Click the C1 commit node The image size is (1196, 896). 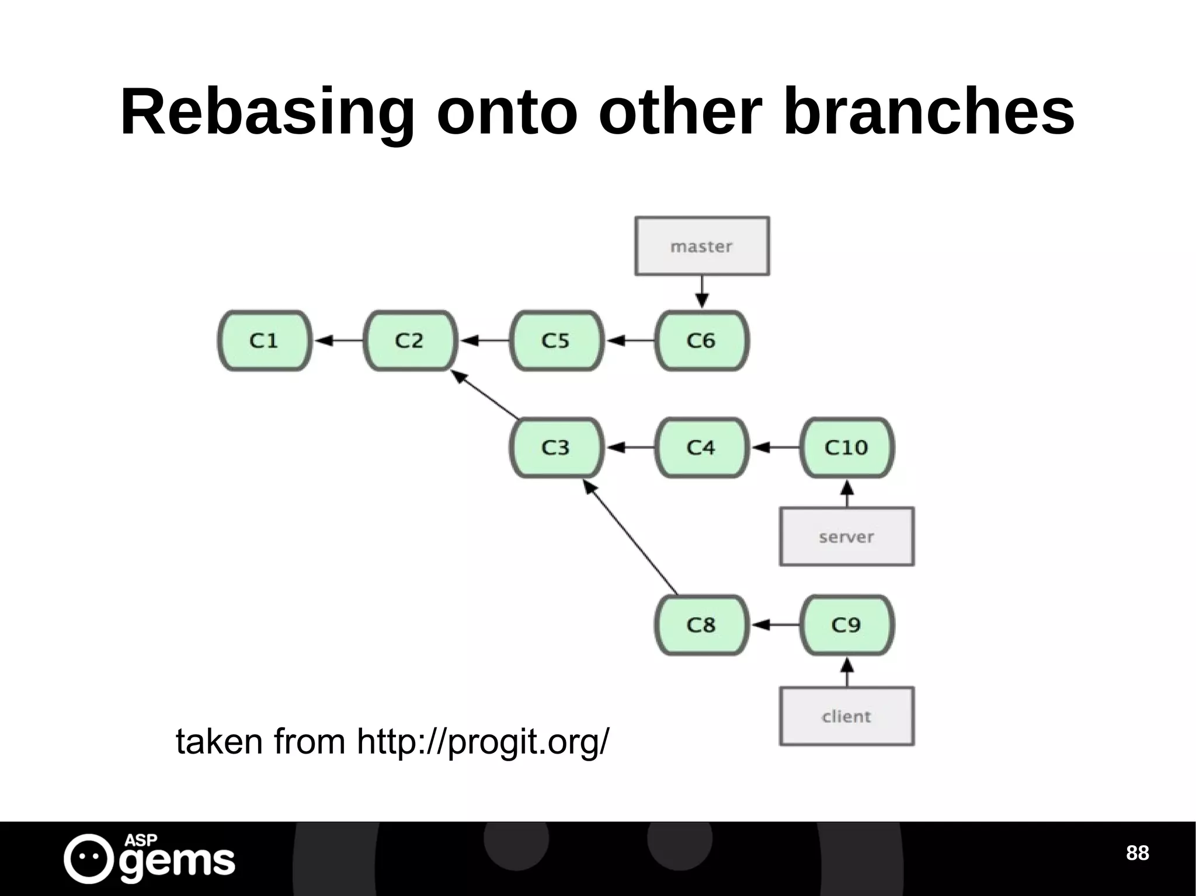[265, 340]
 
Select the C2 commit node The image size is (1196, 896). [410, 340]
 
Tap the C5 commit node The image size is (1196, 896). [556, 340]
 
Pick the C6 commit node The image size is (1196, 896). [701, 340]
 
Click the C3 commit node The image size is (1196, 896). [556, 448]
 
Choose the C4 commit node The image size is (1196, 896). [701, 448]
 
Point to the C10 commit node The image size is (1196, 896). [847, 448]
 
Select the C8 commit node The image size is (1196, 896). [701, 625]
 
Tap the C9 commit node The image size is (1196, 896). [847, 625]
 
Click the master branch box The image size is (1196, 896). [702, 246]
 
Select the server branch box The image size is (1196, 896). [847, 536]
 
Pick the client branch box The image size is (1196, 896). [847, 716]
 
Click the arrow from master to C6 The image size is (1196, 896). [702, 292]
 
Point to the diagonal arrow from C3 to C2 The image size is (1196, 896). [486, 395]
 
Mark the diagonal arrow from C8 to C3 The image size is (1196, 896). [631, 538]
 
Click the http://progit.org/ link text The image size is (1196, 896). [483, 742]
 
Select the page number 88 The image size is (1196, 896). [1137, 853]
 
